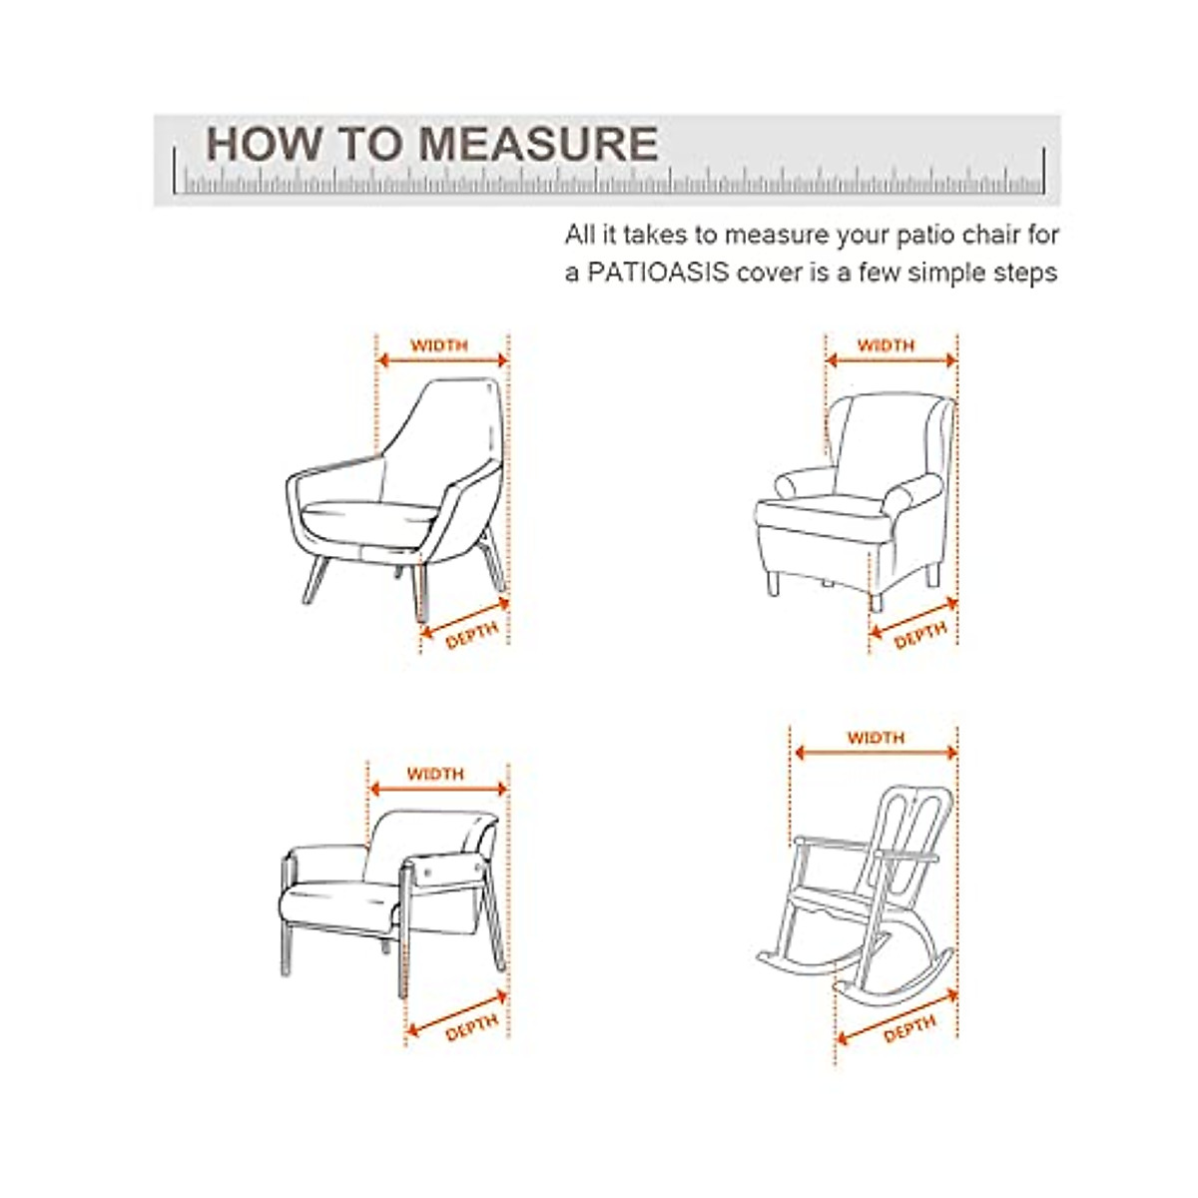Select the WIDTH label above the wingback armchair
pyautogui.click(x=886, y=345)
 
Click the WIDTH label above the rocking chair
pyautogui.click(x=876, y=738)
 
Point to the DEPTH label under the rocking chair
pyautogui.click(x=909, y=1029)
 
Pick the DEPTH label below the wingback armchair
pyautogui.click(x=919, y=635)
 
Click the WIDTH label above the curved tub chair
pyautogui.click(x=439, y=345)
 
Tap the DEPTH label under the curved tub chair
pyautogui.click(x=471, y=636)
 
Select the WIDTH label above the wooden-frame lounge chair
pyautogui.click(x=435, y=774)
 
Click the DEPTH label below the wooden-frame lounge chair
pyautogui.click(x=471, y=1028)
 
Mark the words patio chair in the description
pyautogui.click(x=955, y=237)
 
